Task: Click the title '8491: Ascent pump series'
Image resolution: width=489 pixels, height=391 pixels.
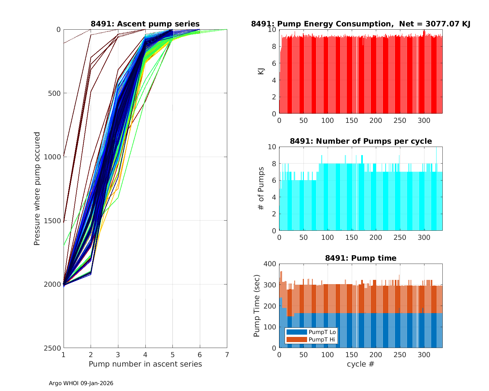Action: [x=145, y=24]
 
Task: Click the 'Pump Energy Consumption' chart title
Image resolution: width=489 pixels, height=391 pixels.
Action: [x=361, y=24]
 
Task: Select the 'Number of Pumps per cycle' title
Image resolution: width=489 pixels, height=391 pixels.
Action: [x=361, y=141]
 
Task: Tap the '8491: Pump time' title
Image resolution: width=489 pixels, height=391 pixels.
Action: [x=361, y=258]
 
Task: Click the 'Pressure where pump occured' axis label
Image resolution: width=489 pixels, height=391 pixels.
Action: [x=37, y=189]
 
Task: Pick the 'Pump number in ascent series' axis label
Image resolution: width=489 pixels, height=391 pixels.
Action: [x=145, y=364]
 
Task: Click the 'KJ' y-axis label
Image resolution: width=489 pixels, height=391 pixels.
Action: [x=261, y=71]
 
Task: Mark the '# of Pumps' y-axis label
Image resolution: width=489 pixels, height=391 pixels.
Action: [x=261, y=189]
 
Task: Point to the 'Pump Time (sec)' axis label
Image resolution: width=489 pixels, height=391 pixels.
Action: [x=257, y=306]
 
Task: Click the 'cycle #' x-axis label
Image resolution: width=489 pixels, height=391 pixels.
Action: [x=361, y=364]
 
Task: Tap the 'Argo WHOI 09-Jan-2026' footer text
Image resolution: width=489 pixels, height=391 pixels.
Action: [x=81, y=383]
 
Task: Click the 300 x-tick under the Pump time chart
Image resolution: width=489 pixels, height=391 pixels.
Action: [x=424, y=355]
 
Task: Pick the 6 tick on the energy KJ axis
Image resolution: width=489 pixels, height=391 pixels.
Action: [x=274, y=63]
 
